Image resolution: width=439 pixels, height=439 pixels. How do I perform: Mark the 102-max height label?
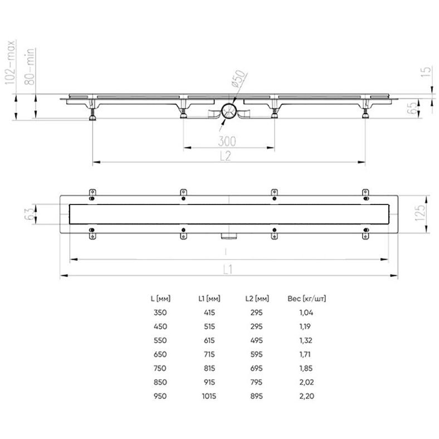[x=11, y=61]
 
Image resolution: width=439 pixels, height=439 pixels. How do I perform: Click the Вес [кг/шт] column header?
[x=306, y=299]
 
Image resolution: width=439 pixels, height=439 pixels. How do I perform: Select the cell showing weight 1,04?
[x=306, y=313]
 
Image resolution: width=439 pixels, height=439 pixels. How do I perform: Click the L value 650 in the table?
[x=159, y=354]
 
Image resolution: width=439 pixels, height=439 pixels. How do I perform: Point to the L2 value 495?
[x=256, y=340]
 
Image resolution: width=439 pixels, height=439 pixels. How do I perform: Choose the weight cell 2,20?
[x=306, y=396]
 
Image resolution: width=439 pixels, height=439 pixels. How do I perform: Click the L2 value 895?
[x=256, y=396]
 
